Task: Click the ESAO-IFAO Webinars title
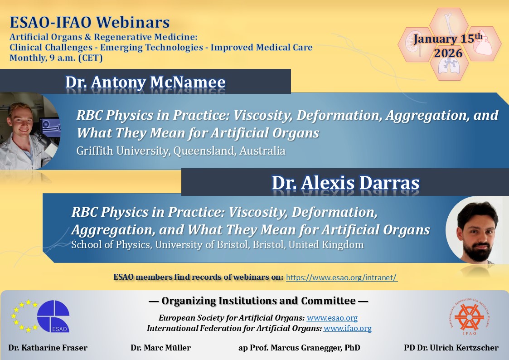[90, 22]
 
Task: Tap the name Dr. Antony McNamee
[145, 82]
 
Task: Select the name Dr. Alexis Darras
[345, 183]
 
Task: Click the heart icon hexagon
[484, 44]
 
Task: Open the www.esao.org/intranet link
[342, 277]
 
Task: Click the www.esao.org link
[332, 318]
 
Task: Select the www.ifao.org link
[347, 328]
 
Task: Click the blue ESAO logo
[53, 316]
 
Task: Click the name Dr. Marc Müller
[160, 348]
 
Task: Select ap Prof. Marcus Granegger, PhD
[299, 348]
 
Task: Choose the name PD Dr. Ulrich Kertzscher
[451, 348]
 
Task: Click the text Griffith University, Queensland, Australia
[181, 151]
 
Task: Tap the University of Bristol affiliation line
[217, 244]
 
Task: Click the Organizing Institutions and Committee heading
[258, 301]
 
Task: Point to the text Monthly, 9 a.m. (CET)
[56, 58]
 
